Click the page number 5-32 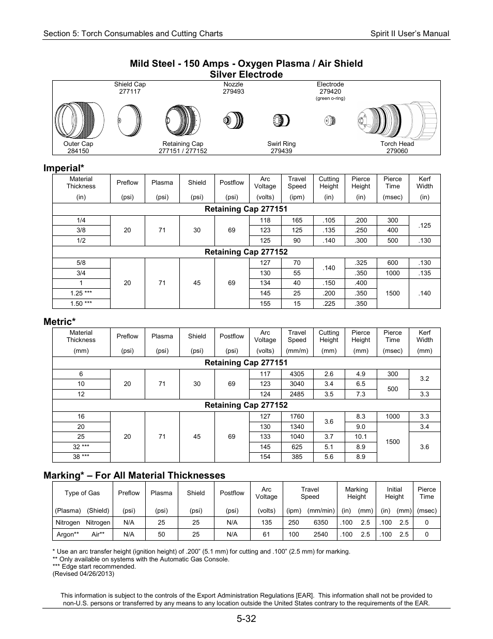click(246, 619)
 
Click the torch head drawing click(397, 119)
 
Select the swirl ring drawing click(281, 120)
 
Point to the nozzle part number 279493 click(234, 92)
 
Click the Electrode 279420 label click(330, 88)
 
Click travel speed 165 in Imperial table click(297, 220)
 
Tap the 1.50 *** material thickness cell click(81, 304)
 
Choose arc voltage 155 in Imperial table click(265, 304)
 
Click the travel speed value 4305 click(297, 374)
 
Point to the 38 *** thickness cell click(81, 457)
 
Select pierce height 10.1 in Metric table click(361, 437)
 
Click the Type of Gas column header click(82, 493)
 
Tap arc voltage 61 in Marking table click(266, 534)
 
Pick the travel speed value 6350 click(320, 523)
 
